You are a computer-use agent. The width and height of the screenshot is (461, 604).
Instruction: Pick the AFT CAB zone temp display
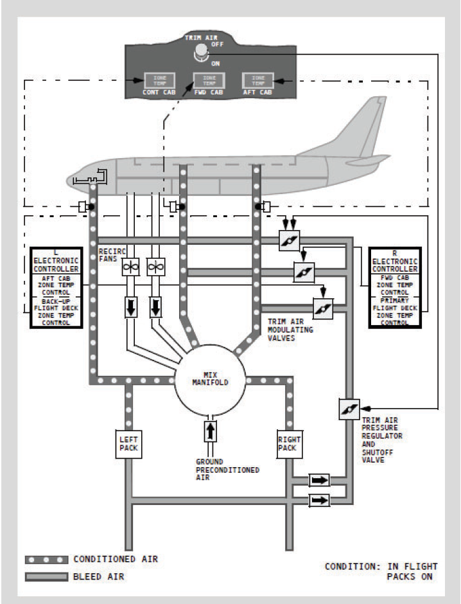[x=257, y=80]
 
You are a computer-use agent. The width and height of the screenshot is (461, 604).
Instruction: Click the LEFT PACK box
[x=128, y=443]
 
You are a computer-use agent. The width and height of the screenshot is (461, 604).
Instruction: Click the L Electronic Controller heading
[x=57, y=261]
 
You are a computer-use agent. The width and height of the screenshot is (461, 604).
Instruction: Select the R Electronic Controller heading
[x=395, y=261]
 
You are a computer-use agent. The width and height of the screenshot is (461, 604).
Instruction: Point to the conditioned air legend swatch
[x=46, y=560]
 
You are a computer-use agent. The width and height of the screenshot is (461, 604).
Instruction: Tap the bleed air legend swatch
[x=46, y=577]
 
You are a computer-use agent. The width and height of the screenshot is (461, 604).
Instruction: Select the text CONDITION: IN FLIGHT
[x=381, y=566]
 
